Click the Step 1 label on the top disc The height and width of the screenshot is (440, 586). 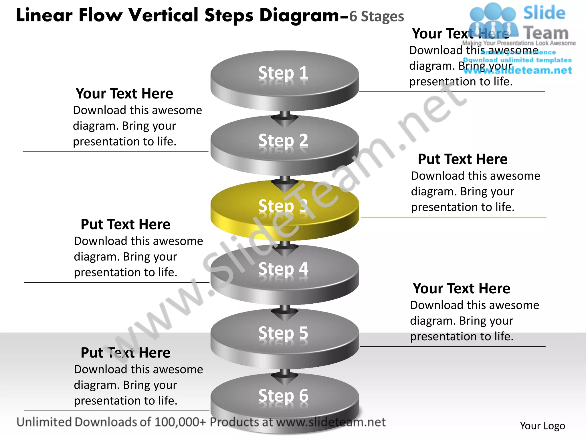tap(283, 73)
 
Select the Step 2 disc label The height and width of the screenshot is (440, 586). tap(283, 140)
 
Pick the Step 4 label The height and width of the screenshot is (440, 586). tap(283, 269)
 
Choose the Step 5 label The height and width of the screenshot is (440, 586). tap(283, 333)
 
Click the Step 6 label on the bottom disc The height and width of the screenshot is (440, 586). tap(283, 396)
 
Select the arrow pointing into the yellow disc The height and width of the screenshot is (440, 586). tap(285, 185)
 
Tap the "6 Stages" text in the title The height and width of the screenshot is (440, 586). tap(377, 17)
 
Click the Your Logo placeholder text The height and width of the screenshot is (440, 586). tap(543, 426)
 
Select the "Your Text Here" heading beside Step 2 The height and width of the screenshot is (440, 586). tap(124, 94)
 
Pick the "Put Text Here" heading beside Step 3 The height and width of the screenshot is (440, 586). tap(463, 159)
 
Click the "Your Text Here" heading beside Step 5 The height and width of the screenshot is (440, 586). tap(462, 288)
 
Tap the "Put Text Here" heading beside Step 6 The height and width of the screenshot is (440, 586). tap(125, 353)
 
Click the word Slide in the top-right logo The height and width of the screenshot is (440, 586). tap(544, 13)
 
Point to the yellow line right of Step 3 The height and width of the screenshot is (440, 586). tap(454, 217)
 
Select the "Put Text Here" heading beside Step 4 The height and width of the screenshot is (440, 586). tap(125, 224)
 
